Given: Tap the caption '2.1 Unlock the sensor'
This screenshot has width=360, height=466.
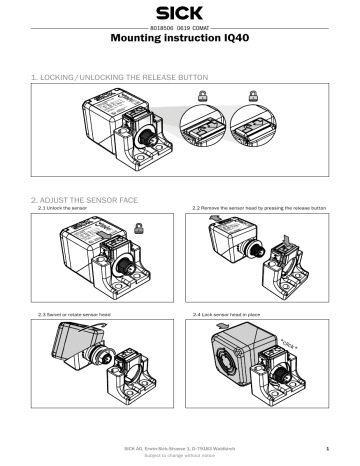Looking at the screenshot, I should click(x=63, y=208).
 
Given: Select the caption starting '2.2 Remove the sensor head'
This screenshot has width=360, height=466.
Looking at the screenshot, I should click(x=258, y=208).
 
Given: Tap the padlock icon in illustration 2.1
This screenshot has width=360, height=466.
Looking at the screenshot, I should click(x=136, y=226).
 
